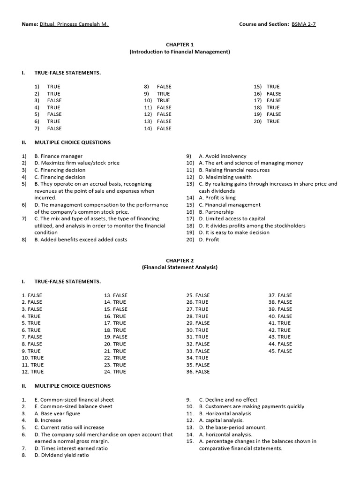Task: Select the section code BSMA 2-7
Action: (x=303, y=24)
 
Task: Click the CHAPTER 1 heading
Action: (x=180, y=45)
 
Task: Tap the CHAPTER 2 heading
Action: (x=180, y=260)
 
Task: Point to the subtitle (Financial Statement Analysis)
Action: (x=180, y=267)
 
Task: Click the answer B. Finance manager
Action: (x=58, y=156)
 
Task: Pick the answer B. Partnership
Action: (x=217, y=212)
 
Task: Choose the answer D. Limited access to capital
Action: (x=232, y=218)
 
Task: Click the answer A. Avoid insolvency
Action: (x=222, y=156)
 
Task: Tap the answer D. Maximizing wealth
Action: (x=225, y=177)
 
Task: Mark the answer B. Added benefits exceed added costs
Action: (x=81, y=240)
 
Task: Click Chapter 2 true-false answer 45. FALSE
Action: (x=280, y=351)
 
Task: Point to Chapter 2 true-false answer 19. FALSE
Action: (x=115, y=337)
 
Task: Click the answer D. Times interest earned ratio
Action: (x=71, y=448)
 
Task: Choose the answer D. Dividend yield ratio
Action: (x=64, y=455)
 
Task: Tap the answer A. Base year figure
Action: (x=57, y=413)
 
